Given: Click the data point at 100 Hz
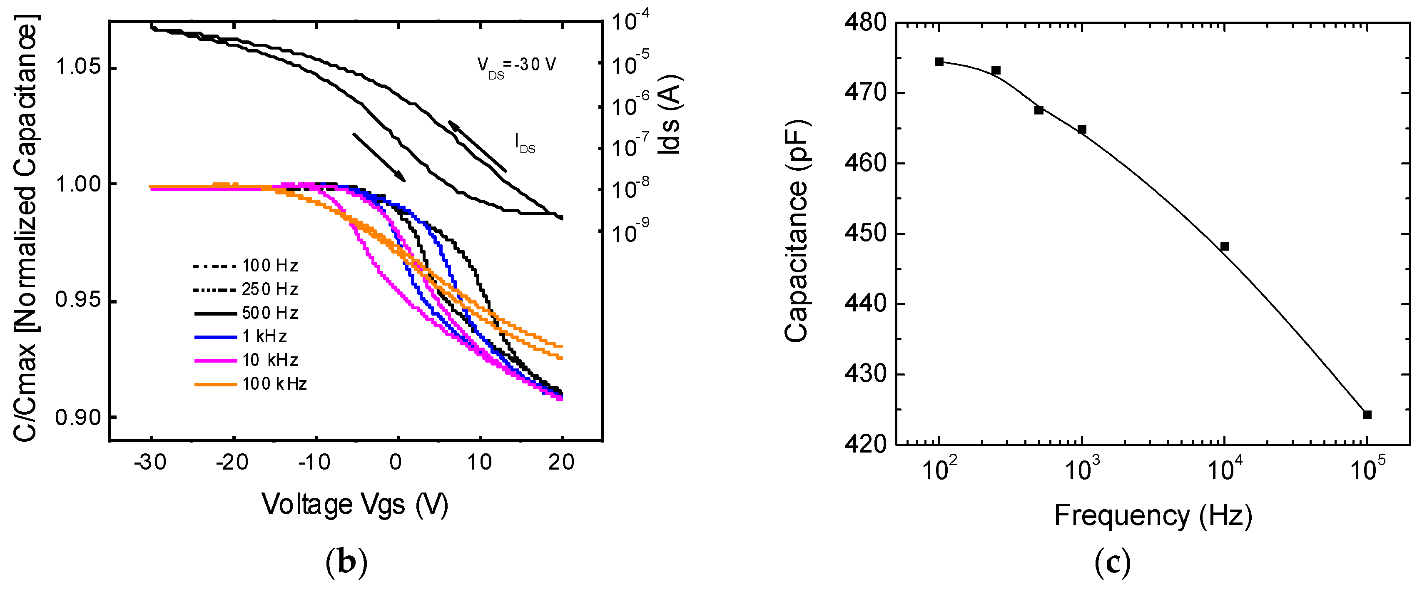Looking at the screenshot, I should coord(939,62).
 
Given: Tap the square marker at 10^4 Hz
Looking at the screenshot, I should coord(1224,246).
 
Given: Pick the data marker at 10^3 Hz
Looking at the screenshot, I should coord(1082,129).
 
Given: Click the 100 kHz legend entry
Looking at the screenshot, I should coord(251,384).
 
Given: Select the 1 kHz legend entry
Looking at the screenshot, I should coord(241,336).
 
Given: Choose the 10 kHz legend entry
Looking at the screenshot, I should coord(246,360).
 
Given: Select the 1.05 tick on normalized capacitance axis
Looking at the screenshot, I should coord(78,67).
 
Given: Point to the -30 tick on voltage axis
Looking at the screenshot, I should coord(150,463).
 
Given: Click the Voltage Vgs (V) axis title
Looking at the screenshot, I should coord(355,504).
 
